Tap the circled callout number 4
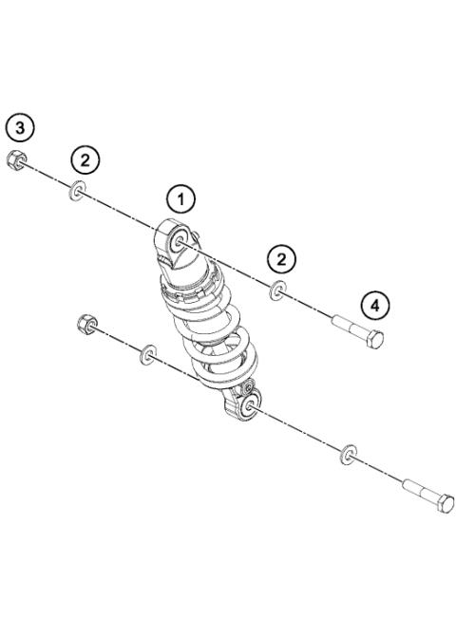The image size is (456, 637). (375, 305)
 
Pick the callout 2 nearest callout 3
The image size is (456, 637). (85, 159)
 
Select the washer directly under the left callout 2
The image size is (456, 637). (77, 195)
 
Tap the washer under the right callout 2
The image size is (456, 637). (277, 290)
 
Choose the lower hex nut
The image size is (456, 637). (83, 325)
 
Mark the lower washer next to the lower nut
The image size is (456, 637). (148, 357)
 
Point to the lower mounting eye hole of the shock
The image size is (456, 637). (249, 405)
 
